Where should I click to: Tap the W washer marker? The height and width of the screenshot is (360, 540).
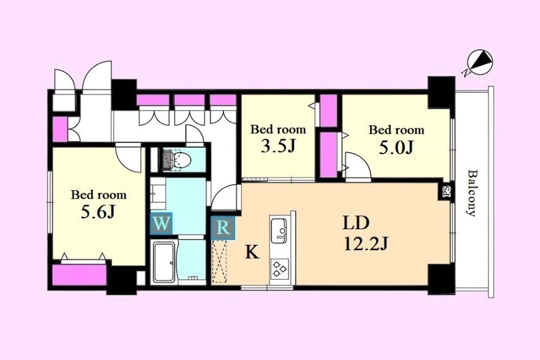[161, 224]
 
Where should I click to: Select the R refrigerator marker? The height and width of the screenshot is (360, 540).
[223, 228]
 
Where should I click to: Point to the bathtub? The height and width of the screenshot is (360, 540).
[164, 262]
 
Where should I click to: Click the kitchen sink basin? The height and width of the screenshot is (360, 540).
[279, 230]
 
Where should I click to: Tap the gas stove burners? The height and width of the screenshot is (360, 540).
[279, 269]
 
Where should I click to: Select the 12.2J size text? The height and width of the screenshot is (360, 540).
[366, 244]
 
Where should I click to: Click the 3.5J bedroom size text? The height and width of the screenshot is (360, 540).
[278, 146]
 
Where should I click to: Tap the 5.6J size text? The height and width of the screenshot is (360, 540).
[97, 212]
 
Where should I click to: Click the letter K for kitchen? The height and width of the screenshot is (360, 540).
[252, 253]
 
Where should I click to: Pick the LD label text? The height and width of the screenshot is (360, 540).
[356, 223]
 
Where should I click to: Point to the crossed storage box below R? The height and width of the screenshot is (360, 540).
[219, 262]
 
